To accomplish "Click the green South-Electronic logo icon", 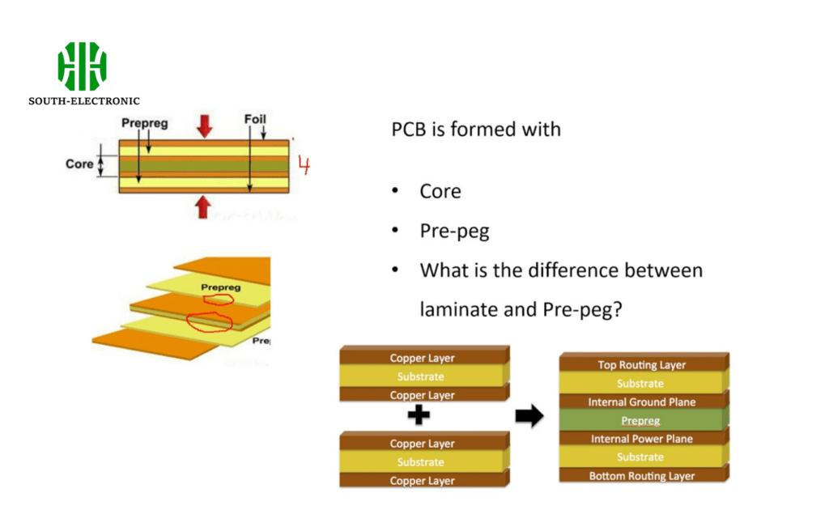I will point(82,66).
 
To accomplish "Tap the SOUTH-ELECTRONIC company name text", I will point(84,101).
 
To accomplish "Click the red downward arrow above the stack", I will point(204,125).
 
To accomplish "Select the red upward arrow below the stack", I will point(203,207).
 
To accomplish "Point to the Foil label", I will point(255,120).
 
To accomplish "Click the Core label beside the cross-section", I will point(79,164).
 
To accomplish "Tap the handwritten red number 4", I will point(304,165).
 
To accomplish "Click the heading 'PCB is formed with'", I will point(476,130).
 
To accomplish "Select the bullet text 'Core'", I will point(440,192).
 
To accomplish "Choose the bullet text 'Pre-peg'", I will point(454,232).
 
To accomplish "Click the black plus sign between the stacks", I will point(418,417).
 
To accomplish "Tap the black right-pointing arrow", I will point(529,417).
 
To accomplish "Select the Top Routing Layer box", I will point(642,365).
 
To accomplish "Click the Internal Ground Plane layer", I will point(642,402).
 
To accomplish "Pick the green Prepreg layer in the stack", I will point(641,421).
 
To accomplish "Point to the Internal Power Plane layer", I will point(642,440).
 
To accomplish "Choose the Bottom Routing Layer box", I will point(642,476).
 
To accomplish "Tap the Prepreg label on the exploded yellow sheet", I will point(220,287).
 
